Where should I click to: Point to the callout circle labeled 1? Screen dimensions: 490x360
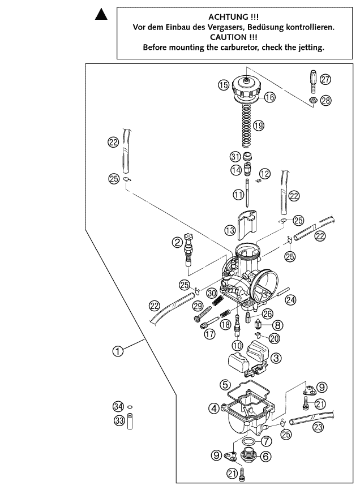pyautogui.click(x=118, y=351)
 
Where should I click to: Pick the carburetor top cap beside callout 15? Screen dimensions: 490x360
pyautogui.click(x=247, y=89)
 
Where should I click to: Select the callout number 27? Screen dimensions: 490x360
pyautogui.click(x=325, y=80)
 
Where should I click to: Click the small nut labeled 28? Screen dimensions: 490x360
pyautogui.click(x=312, y=101)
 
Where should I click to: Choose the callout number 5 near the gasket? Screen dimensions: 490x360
pyautogui.click(x=225, y=384)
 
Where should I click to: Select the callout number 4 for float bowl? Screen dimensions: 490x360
pyautogui.click(x=213, y=407)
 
